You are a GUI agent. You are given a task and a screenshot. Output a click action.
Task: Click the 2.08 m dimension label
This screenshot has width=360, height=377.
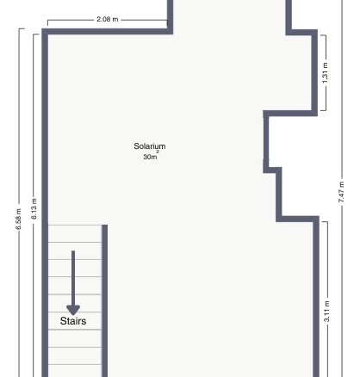tap(108, 19)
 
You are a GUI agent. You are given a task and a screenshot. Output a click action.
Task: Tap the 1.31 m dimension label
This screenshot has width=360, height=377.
tap(325, 73)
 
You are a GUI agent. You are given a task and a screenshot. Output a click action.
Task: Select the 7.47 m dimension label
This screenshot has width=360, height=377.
tap(341, 192)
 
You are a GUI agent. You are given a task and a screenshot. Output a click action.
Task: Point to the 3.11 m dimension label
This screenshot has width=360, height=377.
tap(326, 312)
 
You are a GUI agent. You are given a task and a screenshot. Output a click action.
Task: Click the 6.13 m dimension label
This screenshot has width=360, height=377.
tap(34, 208)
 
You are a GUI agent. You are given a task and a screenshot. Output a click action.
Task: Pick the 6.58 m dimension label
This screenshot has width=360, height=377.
tap(18, 219)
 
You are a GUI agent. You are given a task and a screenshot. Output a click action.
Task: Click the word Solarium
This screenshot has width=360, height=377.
tap(150, 146)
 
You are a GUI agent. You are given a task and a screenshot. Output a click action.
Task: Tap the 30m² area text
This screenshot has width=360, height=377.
tap(151, 156)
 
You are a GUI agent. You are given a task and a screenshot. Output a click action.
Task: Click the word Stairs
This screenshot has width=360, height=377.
tap(73, 321)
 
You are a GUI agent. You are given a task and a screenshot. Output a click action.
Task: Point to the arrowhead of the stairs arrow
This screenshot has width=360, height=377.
tap(73, 310)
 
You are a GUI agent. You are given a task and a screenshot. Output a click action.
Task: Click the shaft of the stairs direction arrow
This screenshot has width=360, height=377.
tap(73, 278)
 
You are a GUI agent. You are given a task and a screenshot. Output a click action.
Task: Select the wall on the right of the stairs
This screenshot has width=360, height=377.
tap(105, 300)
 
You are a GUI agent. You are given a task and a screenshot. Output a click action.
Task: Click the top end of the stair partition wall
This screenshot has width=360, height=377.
tap(105, 225)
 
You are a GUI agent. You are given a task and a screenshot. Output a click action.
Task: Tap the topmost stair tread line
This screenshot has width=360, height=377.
tap(75, 226)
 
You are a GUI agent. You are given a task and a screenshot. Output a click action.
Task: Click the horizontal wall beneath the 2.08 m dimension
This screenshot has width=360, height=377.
tap(108, 32)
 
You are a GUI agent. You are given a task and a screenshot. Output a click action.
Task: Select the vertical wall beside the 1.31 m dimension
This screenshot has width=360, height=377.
tap(315, 72)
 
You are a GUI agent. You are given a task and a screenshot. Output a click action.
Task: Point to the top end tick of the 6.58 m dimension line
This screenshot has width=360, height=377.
tap(22, 28)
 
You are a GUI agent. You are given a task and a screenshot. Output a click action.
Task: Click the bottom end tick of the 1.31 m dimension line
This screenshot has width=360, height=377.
tap(323, 110)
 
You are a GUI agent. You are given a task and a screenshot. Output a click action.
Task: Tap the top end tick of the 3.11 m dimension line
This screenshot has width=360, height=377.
tap(325, 221)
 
